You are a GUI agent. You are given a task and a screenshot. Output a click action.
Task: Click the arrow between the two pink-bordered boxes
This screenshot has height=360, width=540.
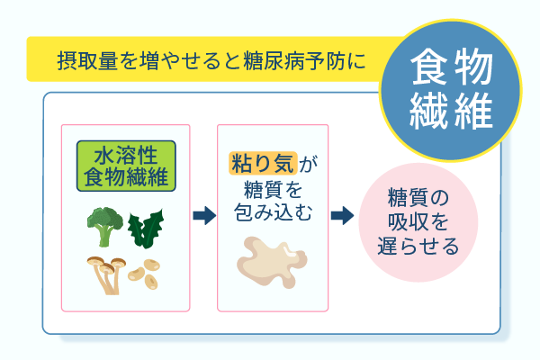[x=205, y=216]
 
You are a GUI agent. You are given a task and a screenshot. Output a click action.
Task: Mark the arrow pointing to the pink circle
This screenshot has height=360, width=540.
[x=341, y=216]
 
